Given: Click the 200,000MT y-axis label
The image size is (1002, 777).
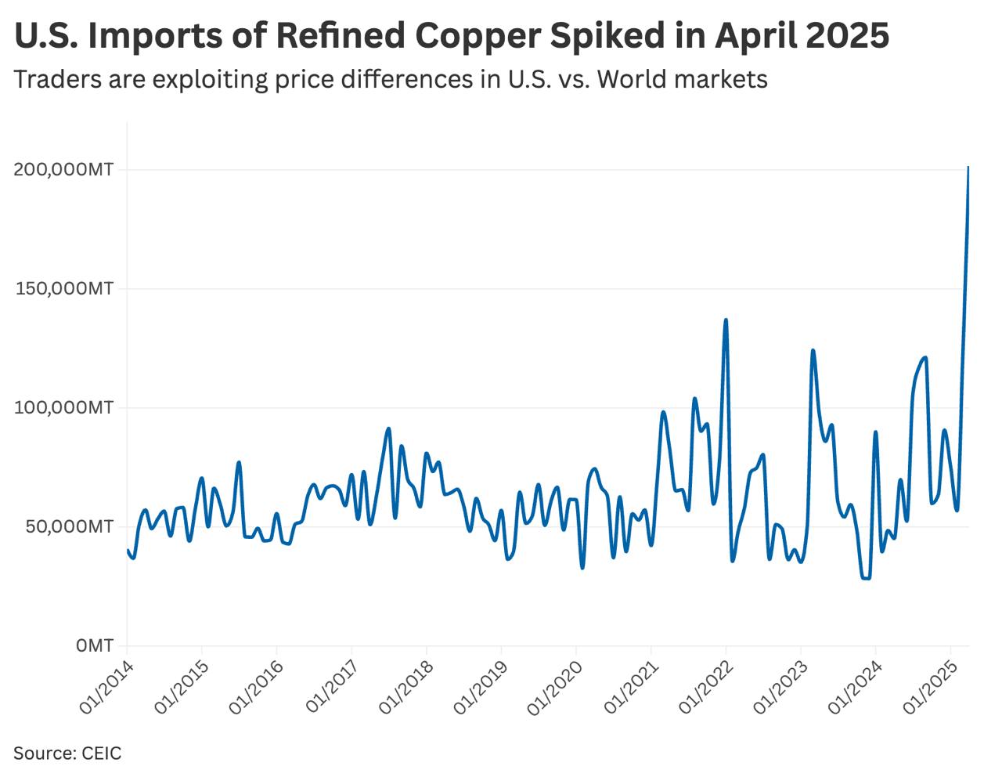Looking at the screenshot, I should pyautogui.click(x=63, y=170).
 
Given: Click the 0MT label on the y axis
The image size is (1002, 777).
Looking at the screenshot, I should pyautogui.click(x=94, y=646).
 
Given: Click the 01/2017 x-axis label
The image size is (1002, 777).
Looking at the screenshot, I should pyautogui.click(x=331, y=687).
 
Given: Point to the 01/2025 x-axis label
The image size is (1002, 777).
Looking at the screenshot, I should pyautogui.click(x=929, y=687).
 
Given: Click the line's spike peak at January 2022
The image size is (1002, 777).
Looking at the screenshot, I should pyautogui.click(x=726, y=320).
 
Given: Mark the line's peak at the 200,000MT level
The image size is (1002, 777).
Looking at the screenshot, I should pyautogui.click(x=968, y=168).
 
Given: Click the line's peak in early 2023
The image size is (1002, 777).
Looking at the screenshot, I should pyautogui.click(x=813, y=351).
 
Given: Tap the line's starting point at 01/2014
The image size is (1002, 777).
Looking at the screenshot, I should pyautogui.click(x=128, y=551).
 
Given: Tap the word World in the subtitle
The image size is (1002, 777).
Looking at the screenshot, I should pyautogui.click(x=633, y=79).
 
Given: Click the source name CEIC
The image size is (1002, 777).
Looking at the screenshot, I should pyautogui.click(x=102, y=754).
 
